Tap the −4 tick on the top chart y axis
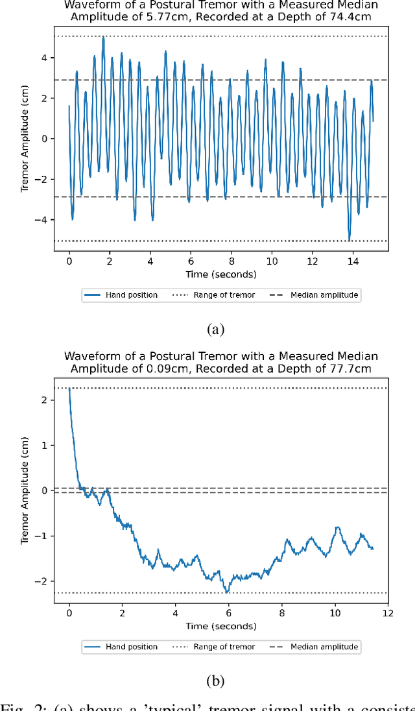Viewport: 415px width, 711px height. pos(44,220)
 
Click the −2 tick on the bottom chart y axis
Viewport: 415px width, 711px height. pos(44,581)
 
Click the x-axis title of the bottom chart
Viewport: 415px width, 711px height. pos(220,626)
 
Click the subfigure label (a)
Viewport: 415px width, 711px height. pos(215,330)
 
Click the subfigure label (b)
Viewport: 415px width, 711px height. pos(215,681)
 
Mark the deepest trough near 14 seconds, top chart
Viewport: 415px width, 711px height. pos(350,240)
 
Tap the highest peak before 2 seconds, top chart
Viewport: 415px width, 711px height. pos(103,37)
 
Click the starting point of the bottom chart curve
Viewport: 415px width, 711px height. pos(69,389)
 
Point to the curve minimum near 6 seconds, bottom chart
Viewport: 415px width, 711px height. pos(226,592)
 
